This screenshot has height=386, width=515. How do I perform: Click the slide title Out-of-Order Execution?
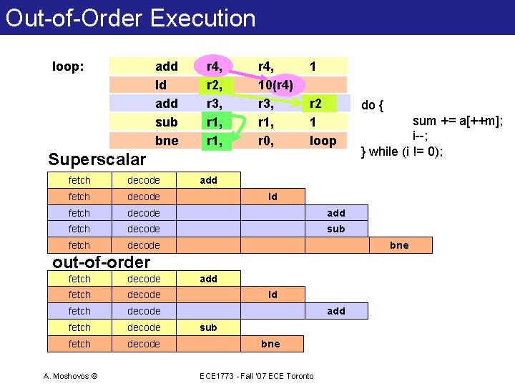coord(130,17)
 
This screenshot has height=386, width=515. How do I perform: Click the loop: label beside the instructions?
coord(69,67)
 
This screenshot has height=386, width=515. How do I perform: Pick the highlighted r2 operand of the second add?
coord(315,104)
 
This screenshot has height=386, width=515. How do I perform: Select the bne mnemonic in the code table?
coord(167,141)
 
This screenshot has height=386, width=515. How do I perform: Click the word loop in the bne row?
coord(322,141)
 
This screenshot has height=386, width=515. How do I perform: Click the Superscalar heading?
coord(97,159)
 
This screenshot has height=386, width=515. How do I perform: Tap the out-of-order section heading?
coord(102,262)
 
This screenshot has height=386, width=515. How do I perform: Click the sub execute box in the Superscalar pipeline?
coord(335,229)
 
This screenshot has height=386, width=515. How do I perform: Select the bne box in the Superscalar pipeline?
coord(399,245)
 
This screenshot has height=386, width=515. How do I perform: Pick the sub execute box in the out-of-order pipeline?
coord(209,327)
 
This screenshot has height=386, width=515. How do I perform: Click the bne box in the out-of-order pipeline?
coord(270,344)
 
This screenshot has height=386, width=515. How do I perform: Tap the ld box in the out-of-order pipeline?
coord(273,295)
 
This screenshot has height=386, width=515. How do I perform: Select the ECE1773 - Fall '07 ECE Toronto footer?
coord(257,376)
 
